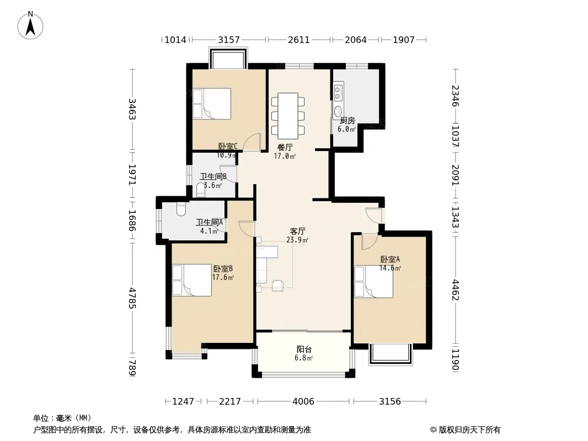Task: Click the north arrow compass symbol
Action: coord(30,25)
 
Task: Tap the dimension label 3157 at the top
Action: coord(229,39)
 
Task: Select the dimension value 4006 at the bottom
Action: coord(303,401)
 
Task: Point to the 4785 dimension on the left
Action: coord(132,298)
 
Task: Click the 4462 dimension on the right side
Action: coord(455,289)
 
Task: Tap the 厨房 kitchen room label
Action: coord(348,120)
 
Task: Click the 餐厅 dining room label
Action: coord(285,147)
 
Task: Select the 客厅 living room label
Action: coord(297,231)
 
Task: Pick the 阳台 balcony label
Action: coord(304,349)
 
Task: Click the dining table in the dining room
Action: coord(288,116)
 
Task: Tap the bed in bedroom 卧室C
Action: coord(211,104)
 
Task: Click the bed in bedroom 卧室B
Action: coord(192,280)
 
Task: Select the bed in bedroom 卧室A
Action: coord(373,282)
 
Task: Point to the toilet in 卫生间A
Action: coord(181,209)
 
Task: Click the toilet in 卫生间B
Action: coord(201,191)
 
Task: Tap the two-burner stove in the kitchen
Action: coord(338,93)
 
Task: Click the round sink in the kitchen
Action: coord(338,111)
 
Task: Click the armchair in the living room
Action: coord(278,285)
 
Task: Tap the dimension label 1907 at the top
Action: coord(404,39)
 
